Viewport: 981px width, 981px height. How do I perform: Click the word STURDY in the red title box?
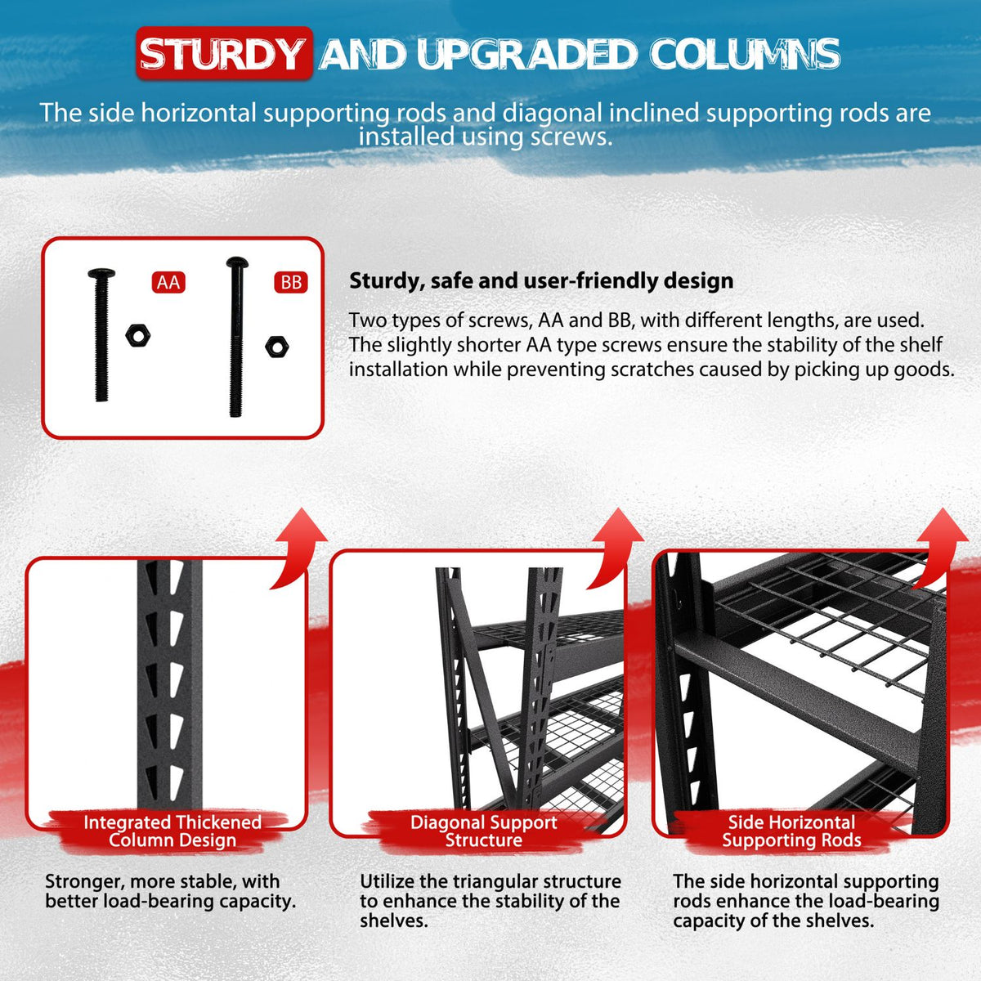(x=222, y=54)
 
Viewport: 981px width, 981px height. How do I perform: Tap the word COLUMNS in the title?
(x=745, y=54)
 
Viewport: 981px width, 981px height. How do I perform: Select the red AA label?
(x=168, y=283)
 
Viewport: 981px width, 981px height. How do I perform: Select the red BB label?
(x=291, y=283)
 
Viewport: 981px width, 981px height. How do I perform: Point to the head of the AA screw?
(x=101, y=273)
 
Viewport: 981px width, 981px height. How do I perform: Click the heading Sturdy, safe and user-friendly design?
(x=541, y=281)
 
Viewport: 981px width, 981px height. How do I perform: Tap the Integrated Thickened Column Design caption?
(x=172, y=831)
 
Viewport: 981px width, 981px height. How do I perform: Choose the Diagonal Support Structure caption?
(x=483, y=831)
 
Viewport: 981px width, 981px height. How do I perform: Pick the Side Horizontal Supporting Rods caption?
(x=791, y=831)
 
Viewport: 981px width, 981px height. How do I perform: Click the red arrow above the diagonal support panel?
(x=616, y=546)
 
